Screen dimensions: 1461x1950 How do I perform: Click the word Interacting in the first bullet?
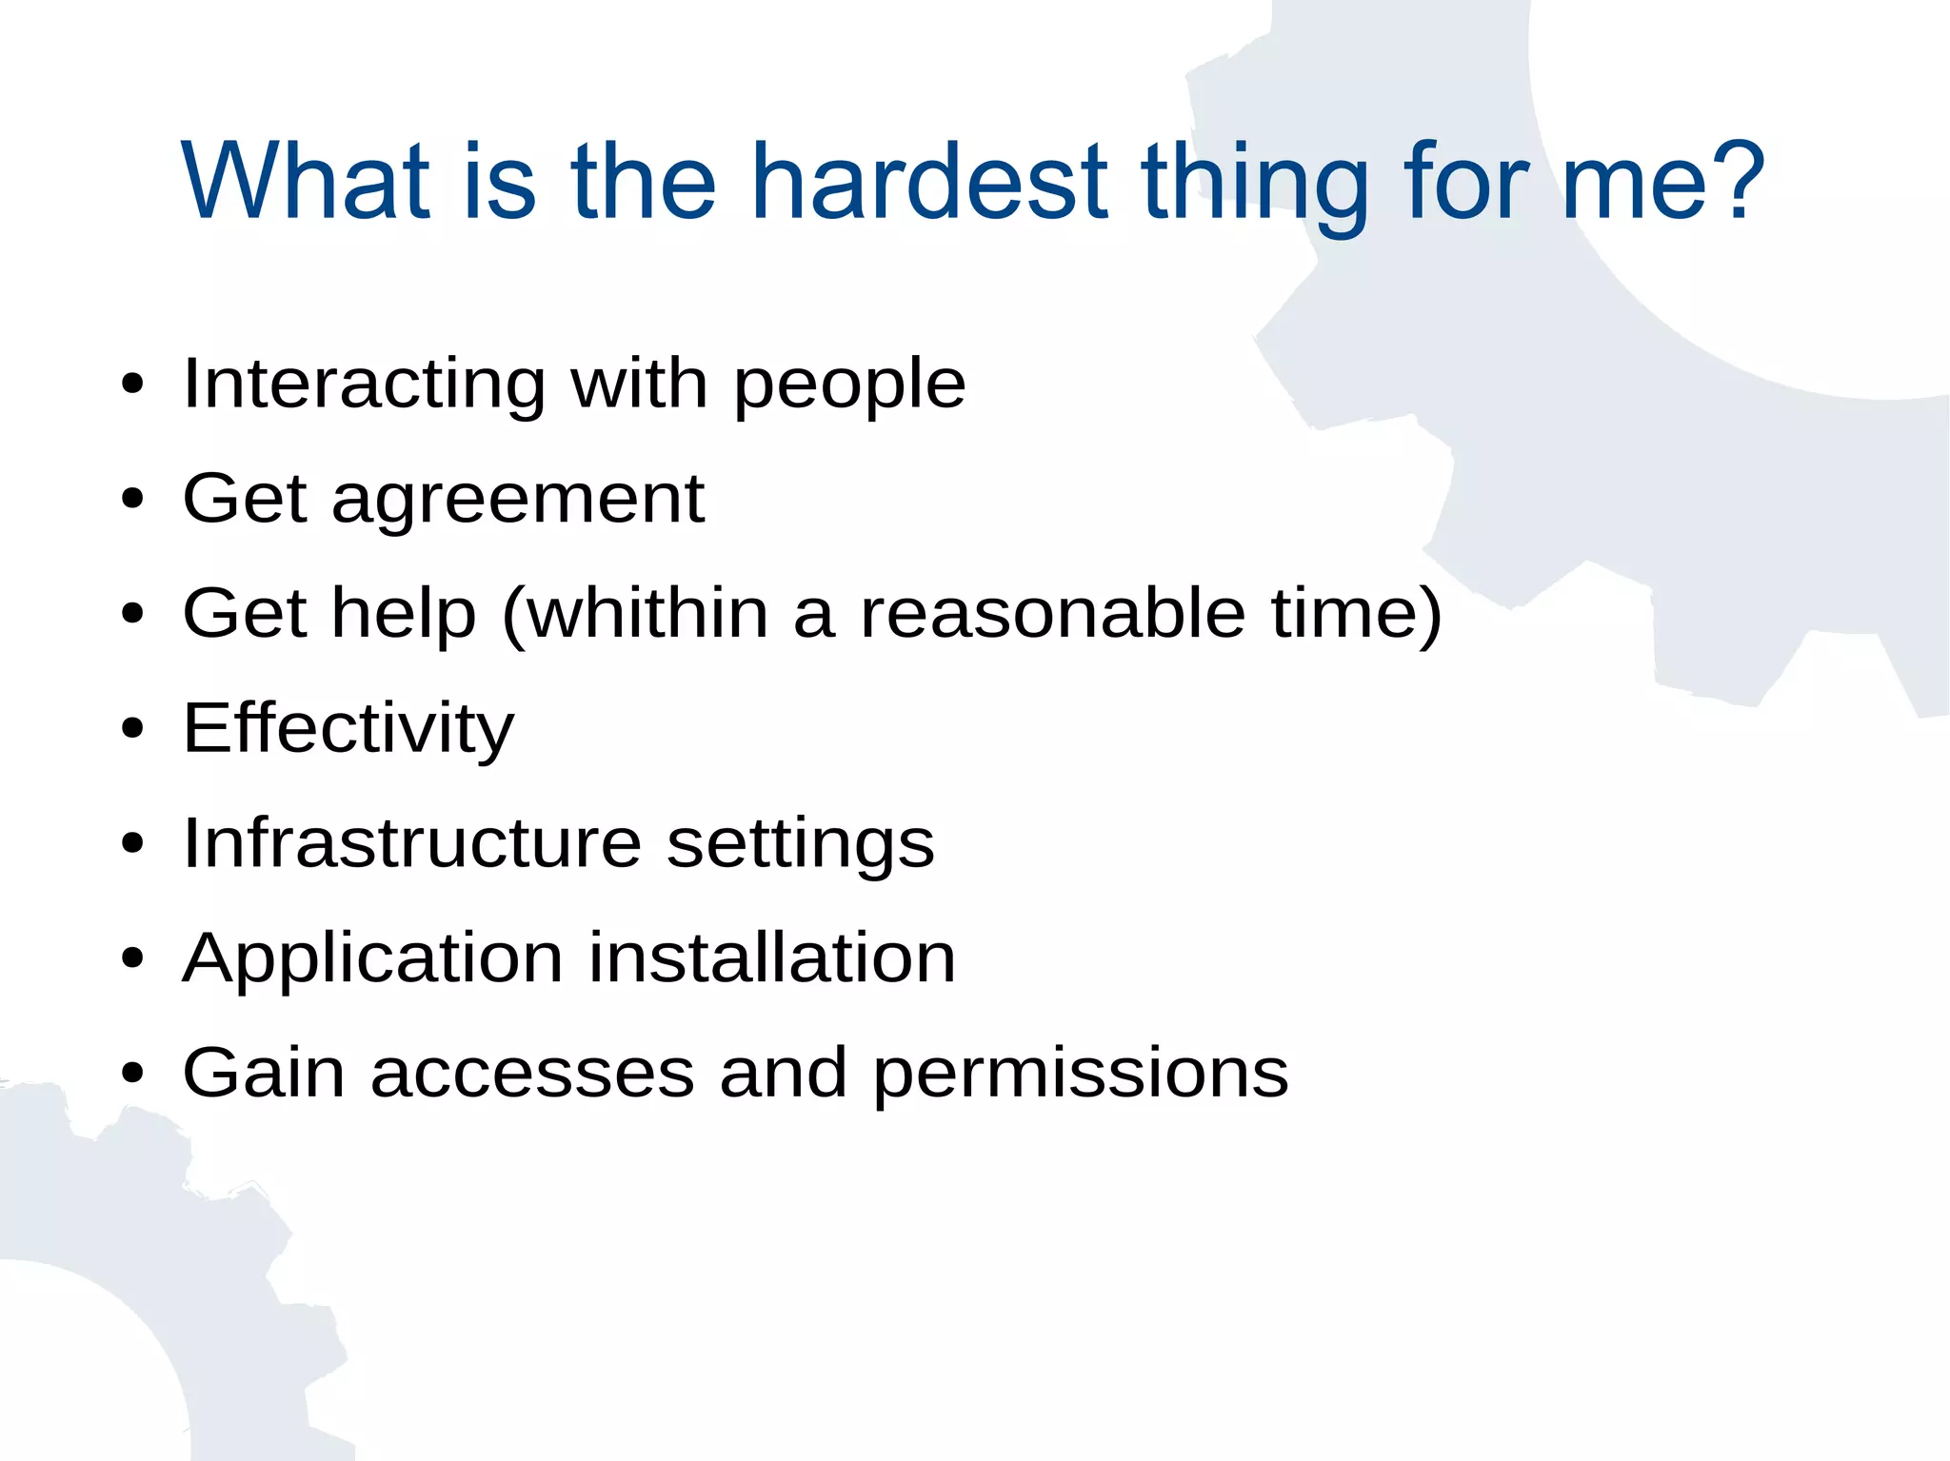click(x=364, y=385)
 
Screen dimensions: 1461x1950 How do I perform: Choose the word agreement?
click(x=518, y=501)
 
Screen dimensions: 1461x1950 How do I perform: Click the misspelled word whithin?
click(x=647, y=613)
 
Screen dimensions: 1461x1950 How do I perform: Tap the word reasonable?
click(x=1053, y=613)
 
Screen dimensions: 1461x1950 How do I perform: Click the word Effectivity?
click(x=348, y=729)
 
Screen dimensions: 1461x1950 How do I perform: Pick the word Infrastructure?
click(x=412, y=843)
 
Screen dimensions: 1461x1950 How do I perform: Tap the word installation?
click(x=771, y=958)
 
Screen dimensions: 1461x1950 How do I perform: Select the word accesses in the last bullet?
click(x=532, y=1074)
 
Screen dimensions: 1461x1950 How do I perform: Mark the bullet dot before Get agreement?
click(x=132, y=499)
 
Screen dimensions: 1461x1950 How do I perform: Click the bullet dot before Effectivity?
click(x=132, y=729)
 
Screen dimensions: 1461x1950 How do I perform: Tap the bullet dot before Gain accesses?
click(x=132, y=1074)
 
